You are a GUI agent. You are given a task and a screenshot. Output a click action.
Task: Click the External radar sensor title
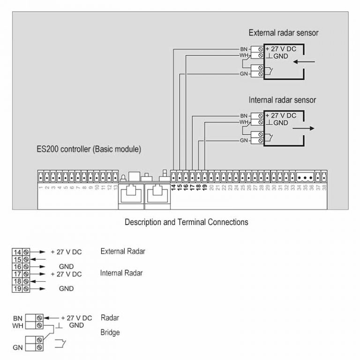tap(284, 33)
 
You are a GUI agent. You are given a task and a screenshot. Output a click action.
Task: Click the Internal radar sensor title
tap(282, 100)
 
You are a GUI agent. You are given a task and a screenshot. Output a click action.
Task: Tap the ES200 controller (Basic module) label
tap(89, 150)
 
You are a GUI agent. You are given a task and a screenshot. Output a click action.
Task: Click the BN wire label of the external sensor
tap(244, 49)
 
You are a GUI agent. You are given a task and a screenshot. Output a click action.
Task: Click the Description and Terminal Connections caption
tap(186, 222)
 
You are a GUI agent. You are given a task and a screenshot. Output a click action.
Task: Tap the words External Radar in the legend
tap(123, 251)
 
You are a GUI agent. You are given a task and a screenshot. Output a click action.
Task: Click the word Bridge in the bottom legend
tap(110, 332)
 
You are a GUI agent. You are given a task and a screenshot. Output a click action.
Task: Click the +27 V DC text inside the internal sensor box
tap(281, 115)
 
